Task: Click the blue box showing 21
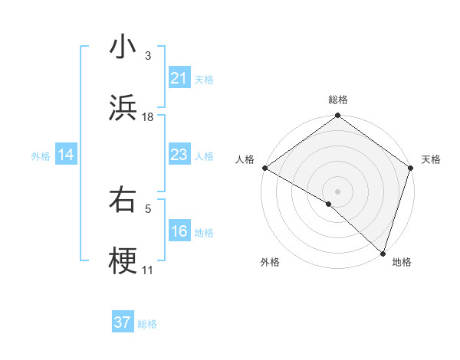click(x=179, y=78)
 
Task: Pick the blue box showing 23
click(x=179, y=155)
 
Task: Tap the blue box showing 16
click(x=179, y=232)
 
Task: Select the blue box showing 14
click(x=66, y=155)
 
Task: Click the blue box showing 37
click(x=123, y=323)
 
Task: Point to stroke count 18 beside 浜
click(x=148, y=116)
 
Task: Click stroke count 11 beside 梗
click(x=148, y=270)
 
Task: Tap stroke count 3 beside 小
click(x=148, y=55)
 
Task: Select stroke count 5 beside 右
click(x=148, y=208)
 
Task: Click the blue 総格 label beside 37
click(x=147, y=324)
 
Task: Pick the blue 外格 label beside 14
click(x=41, y=156)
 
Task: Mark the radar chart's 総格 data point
click(x=337, y=116)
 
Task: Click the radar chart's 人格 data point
click(x=264, y=168)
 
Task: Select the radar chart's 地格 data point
click(x=383, y=254)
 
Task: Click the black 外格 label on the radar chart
click(x=270, y=262)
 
